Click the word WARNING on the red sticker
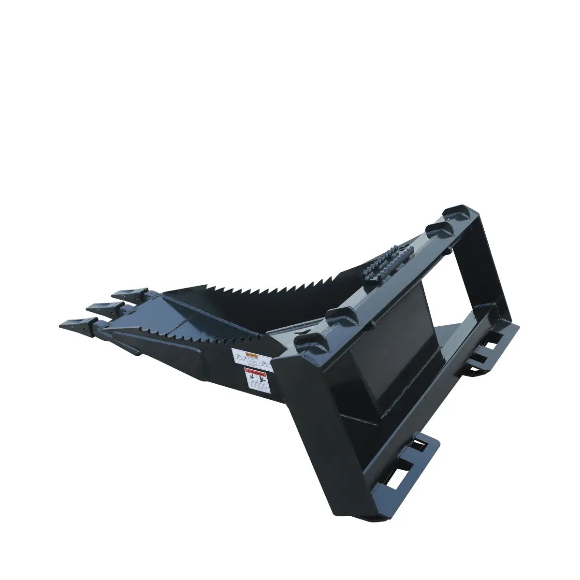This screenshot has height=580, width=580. click(257, 374)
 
